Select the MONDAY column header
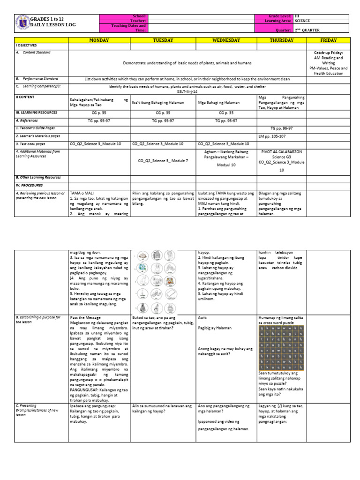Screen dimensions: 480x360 pyautogui.click(x=99, y=40)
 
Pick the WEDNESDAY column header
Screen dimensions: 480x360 pyautogui.click(x=226, y=40)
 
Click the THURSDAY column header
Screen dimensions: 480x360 pyautogui.click(x=282, y=40)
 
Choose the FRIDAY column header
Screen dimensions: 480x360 pyautogui.click(x=328, y=40)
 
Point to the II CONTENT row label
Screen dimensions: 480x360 pyautogui.click(x=25, y=97)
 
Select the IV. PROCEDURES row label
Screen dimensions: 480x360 pyautogui.click(x=30, y=185)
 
